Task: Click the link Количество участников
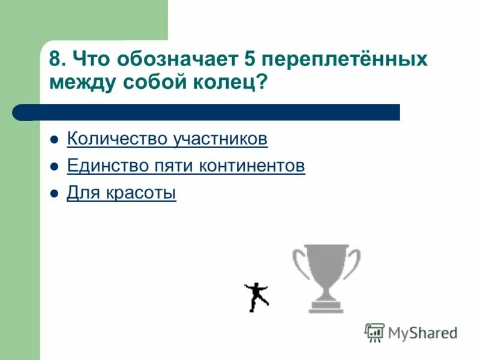167,139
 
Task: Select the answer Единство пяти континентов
186,166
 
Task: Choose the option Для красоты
122,193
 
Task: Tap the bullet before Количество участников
55,140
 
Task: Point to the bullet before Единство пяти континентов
55,167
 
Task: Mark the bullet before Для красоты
55,194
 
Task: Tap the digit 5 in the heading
251,60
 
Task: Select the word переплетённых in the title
346,60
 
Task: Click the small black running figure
257,296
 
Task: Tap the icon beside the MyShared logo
374,332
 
